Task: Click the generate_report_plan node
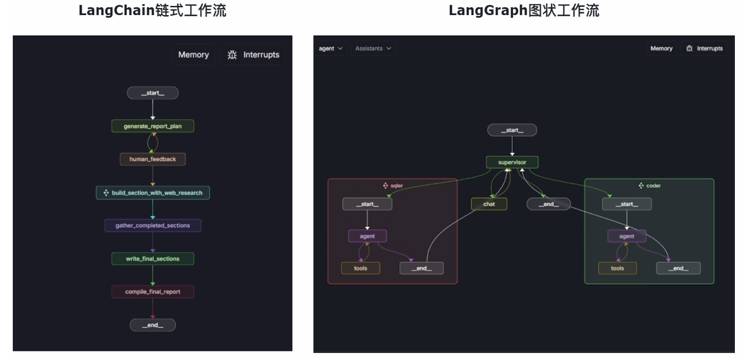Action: point(153,126)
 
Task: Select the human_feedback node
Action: point(153,159)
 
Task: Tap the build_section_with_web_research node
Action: point(153,192)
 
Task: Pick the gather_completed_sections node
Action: point(153,226)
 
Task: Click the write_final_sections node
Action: point(153,258)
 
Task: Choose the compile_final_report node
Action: point(153,292)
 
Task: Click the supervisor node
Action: point(512,162)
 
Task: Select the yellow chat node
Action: point(489,204)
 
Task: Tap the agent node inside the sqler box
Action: point(368,236)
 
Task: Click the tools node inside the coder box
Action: point(617,268)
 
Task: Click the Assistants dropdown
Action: point(373,48)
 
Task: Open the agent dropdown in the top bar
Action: point(330,48)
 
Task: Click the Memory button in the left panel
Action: point(194,55)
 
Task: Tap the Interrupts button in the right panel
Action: point(704,48)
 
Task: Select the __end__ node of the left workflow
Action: point(153,325)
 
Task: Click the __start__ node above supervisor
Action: point(512,130)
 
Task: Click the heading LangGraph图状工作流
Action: point(524,10)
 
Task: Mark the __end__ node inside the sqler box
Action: point(421,268)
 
